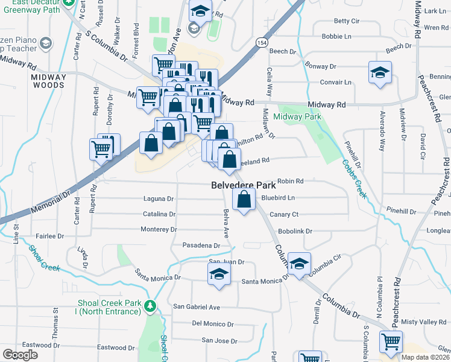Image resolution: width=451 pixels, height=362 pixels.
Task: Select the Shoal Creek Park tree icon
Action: pyautogui.click(x=150, y=306)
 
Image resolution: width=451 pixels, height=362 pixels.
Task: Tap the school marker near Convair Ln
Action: pyautogui.click(x=378, y=74)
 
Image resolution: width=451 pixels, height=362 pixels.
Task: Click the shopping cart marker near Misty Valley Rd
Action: pyautogui.click(x=391, y=342)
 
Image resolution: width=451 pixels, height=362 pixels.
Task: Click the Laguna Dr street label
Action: pyautogui.click(x=158, y=198)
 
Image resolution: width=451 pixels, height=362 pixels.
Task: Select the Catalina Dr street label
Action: pyautogui.click(x=159, y=214)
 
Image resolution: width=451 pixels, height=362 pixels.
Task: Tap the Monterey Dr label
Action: pyautogui.click(x=158, y=230)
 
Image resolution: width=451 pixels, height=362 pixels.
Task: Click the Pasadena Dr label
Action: pyautogui.click(x=201, y=246)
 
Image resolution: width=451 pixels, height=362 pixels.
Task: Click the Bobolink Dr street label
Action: pyautogui.click(x=295, y=231)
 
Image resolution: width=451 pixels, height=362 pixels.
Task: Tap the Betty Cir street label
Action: pyautogui.click(x=346, y=21)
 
